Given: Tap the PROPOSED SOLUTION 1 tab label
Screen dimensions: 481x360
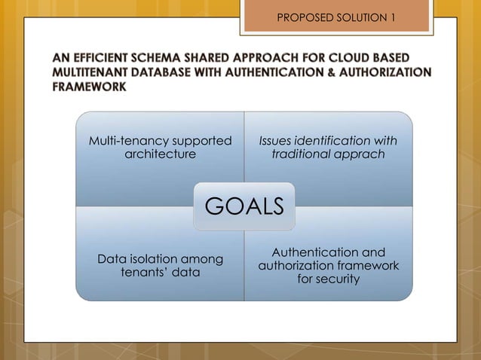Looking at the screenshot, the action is pyautogui.click(x=336, y=16).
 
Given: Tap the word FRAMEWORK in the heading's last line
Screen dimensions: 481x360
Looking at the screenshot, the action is pyautogui.click(x=88, y=87).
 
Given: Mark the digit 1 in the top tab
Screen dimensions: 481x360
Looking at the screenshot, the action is pyautogui.click(x=392, y=16).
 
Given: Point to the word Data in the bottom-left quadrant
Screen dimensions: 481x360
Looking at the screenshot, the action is pyautogui.click(x=112, y=259).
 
